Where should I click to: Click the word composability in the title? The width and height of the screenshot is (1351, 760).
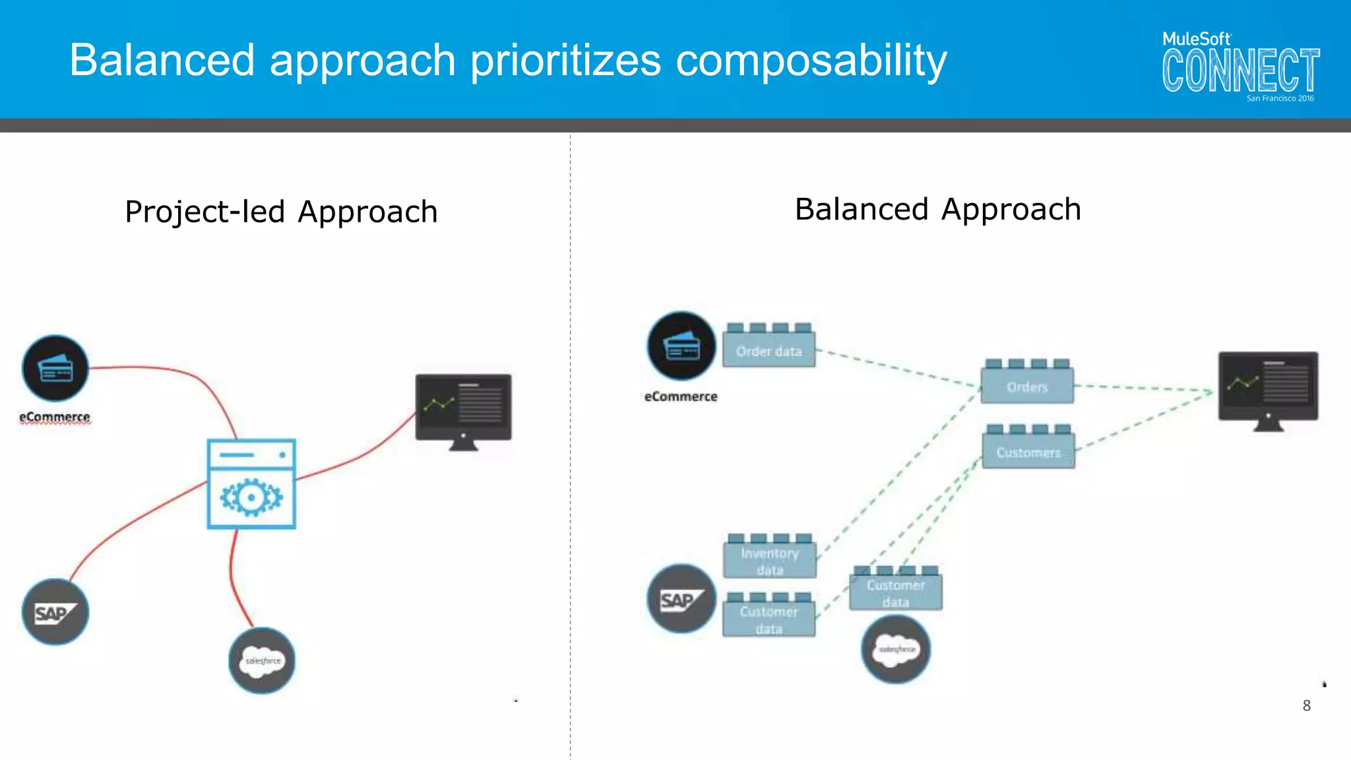pos(811,61)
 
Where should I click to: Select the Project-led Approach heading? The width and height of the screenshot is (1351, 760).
pos(281,212)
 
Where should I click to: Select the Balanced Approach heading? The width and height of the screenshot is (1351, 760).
pos(937,210)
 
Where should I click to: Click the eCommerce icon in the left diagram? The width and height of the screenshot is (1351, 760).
pos(55,368)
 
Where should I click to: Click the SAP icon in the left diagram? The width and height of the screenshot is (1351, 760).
pos(55,612)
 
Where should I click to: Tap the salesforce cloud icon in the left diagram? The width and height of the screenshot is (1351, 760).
pos(262,660)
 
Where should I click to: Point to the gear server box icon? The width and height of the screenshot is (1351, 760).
pos(251,484)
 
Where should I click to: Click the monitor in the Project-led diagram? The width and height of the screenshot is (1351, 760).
pos(463,409)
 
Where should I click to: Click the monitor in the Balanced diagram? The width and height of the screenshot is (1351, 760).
pos(1268,389)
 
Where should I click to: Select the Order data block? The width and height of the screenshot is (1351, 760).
pos(769,348)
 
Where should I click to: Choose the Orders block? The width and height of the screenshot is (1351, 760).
pos(1027,384)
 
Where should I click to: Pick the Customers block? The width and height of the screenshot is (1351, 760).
pos(1028,449)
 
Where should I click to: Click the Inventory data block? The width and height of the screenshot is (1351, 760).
pos(770,558)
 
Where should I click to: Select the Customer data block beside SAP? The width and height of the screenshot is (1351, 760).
pos(769,617)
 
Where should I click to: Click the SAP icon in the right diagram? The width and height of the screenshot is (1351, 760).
pos(681,599)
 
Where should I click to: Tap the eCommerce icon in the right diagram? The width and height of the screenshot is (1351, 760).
pos(681,346)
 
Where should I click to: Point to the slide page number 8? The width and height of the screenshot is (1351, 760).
pos(1306,706)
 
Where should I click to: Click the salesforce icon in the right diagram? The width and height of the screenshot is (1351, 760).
pos(896,649)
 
